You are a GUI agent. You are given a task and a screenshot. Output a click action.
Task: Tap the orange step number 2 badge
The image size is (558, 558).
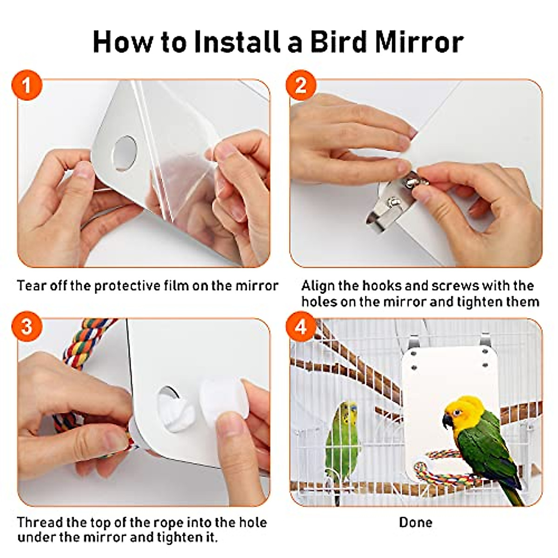point(300,85)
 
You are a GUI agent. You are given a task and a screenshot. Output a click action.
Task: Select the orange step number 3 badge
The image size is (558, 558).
point(27,326)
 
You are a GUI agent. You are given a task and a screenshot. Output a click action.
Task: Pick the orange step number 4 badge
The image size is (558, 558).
point(300,326)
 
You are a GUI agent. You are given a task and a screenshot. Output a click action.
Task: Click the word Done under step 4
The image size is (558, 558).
point(415,522)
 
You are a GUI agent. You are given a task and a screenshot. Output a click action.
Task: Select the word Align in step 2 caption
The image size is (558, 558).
point(317,285)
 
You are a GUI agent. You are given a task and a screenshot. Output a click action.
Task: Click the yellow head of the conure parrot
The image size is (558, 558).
point(463,409)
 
